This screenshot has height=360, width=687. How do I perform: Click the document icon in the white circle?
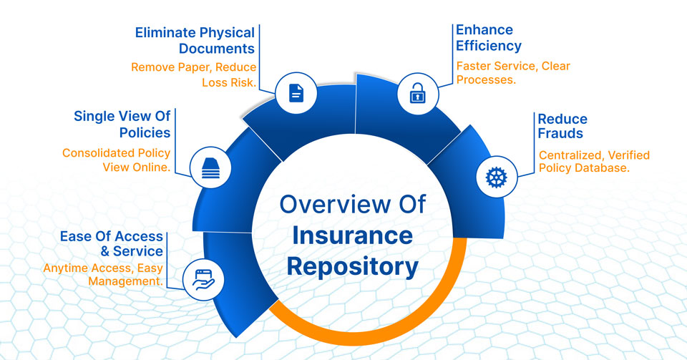tap(296, 93)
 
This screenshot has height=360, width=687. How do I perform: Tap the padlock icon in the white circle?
tap(416, 93)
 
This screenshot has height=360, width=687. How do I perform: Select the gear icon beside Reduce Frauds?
tap(496, 177)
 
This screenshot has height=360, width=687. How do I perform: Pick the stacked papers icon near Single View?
tap(210, 169)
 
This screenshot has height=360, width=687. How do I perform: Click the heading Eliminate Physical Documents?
tap(195, 41)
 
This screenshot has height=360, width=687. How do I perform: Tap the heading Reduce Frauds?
tap(562, 126)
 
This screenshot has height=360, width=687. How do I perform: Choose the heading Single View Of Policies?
tap(122, 124)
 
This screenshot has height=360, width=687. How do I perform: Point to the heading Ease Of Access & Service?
tap(112, 244)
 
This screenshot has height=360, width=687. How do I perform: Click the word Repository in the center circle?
tap(352, 266)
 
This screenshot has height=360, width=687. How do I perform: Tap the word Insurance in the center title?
tap(352, 235)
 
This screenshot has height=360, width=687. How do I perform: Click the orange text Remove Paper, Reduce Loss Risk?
tap(193, 74)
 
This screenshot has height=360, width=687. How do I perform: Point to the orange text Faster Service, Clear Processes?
tap(513, 73)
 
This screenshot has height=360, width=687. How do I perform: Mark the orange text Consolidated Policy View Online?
tap(117, 160)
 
